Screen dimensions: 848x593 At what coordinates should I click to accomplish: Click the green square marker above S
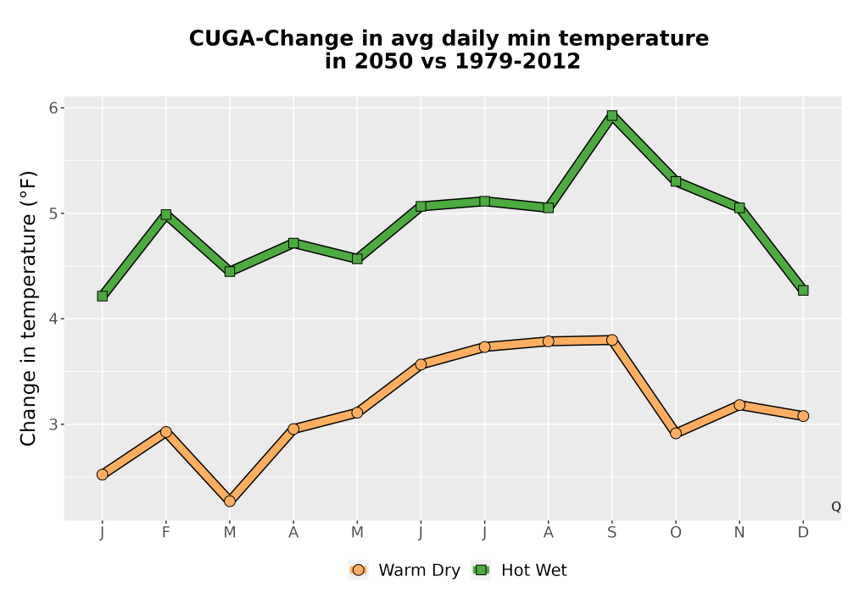pyautogui.click(x=611, y=115)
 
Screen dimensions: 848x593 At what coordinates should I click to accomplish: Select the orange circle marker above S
pyautogui.click(x=611, y=340)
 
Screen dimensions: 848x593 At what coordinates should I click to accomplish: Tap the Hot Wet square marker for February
pyautogui.click(x=166, y=214)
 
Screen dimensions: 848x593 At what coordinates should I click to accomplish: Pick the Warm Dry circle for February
pyautogui.click(x=166, y=432)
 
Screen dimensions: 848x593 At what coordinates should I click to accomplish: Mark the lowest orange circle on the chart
pyautogui.click(x=230, y=502)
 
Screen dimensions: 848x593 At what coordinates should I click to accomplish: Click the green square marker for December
pyautogui.click(x=803, y=291)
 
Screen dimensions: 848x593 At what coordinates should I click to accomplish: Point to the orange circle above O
pyautogui.click(x=676, y=433)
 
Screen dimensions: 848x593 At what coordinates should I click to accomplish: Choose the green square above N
pyautogui.click(x=739, y=208)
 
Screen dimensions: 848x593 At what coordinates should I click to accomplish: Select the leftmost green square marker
pyautogui.click(x=103, y=296)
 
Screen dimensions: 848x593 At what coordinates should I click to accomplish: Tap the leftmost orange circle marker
pyautogui.click(x=103, y=474)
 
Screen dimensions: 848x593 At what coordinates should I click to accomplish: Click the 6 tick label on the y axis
pyautogui.click(x=53, y=108)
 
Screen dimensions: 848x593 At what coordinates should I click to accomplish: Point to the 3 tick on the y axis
pyautogui.click(x=53, y=424)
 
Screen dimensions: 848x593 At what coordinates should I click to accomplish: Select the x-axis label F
pyautogui.click(x=166, y=533)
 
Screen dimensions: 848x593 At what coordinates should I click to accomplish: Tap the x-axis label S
pyautogui.click(x=611, y=533)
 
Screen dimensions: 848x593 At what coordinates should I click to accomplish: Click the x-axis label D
pyautogui.click(x=803, y=533)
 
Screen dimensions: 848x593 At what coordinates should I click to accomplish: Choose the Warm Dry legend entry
pyautogui.click(x=405, y=570)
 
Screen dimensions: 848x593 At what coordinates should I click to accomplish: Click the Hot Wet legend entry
pyautogui.click(x=519, y=570)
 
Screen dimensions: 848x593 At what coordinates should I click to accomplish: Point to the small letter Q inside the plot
pyautogui.click(x=836, y=507)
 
